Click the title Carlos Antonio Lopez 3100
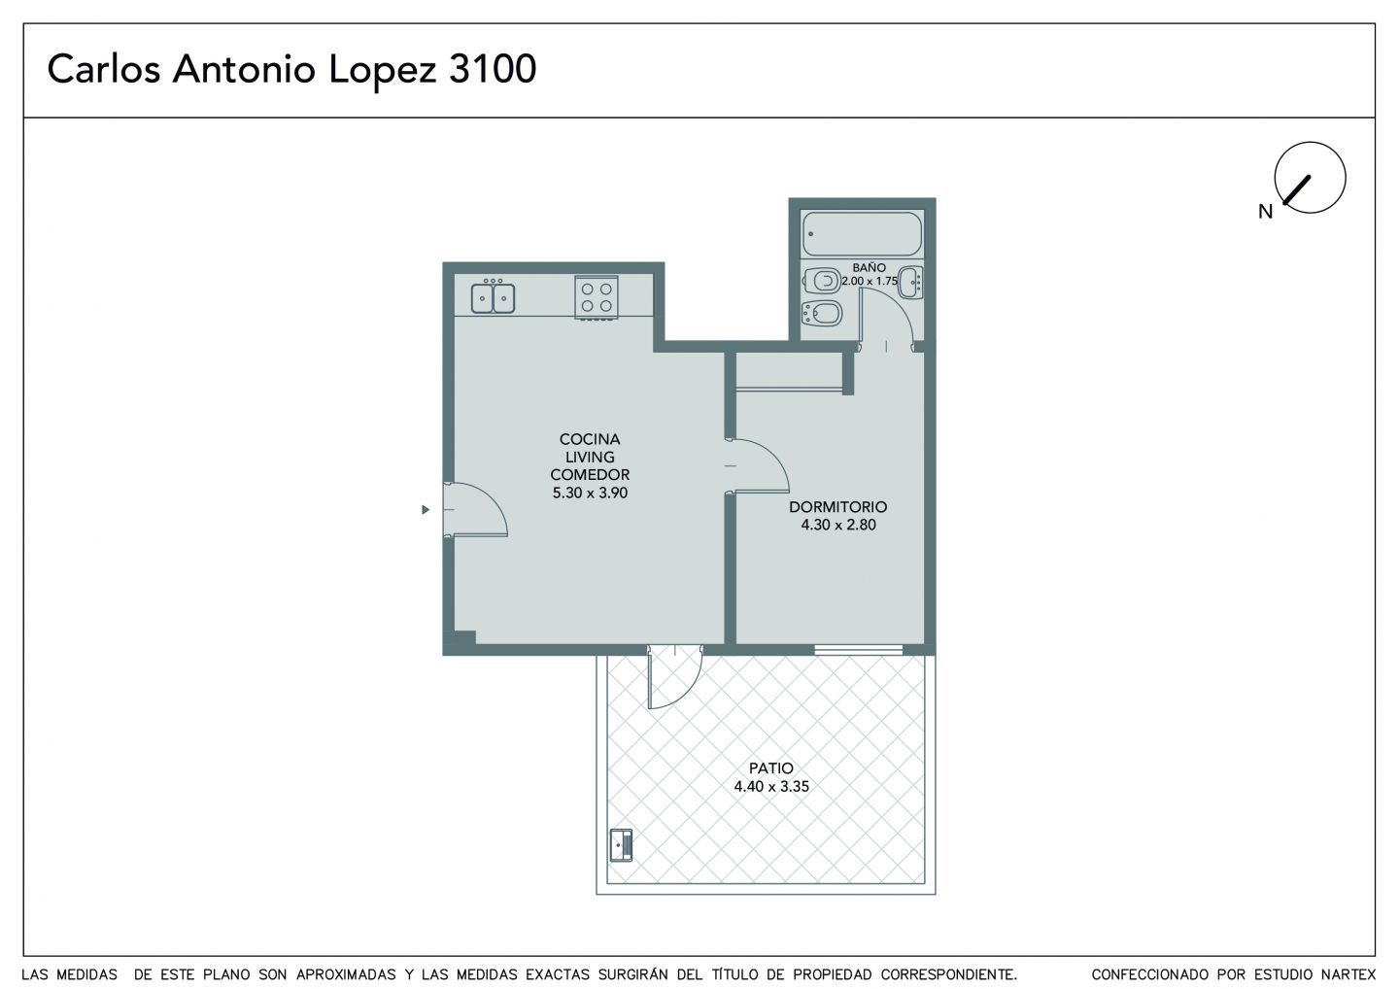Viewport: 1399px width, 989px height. (291, 69)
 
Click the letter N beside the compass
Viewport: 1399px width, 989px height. (1265, 213)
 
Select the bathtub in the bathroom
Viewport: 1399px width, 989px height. (862, 233)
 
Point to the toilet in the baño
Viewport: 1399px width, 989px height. (822, 281)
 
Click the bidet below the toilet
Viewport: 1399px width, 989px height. (821, 313)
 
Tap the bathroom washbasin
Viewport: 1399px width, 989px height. (911, 283)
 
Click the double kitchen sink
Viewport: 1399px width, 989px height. (493, 297)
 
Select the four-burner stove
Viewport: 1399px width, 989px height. (597, 298)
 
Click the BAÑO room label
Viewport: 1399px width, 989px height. (869, 268)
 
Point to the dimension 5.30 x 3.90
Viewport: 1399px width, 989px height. (590, 493)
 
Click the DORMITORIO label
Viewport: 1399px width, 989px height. (837, 507)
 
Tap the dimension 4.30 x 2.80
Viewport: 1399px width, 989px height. (838, 525)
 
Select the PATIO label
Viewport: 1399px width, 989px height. (770, 768)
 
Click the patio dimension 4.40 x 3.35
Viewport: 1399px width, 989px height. (771, 787)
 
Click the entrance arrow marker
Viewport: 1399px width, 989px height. (426, 509)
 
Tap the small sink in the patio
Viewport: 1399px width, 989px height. (621, 845)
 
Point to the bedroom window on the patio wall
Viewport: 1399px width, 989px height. (858, 650)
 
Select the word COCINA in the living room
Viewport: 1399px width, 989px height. (590, 439)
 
